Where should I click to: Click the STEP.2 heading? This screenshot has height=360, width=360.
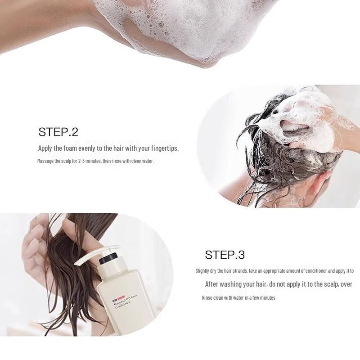[x=58, y=132]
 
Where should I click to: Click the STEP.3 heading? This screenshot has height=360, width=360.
[x=225, y=255]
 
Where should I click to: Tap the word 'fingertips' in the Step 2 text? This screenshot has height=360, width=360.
[x=165, y=148]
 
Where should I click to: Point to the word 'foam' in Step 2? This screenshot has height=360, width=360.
[x=70, y=148]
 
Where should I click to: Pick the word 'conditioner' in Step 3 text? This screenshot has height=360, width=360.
[x=317, y=271]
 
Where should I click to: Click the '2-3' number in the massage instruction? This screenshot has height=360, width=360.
[x=81, y=161]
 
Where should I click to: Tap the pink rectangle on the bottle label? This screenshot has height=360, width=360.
[x=121, y=298]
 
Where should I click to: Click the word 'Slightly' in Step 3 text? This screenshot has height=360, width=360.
[x=202, y=271]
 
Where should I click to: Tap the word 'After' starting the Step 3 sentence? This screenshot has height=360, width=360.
[x=211, y=284]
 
